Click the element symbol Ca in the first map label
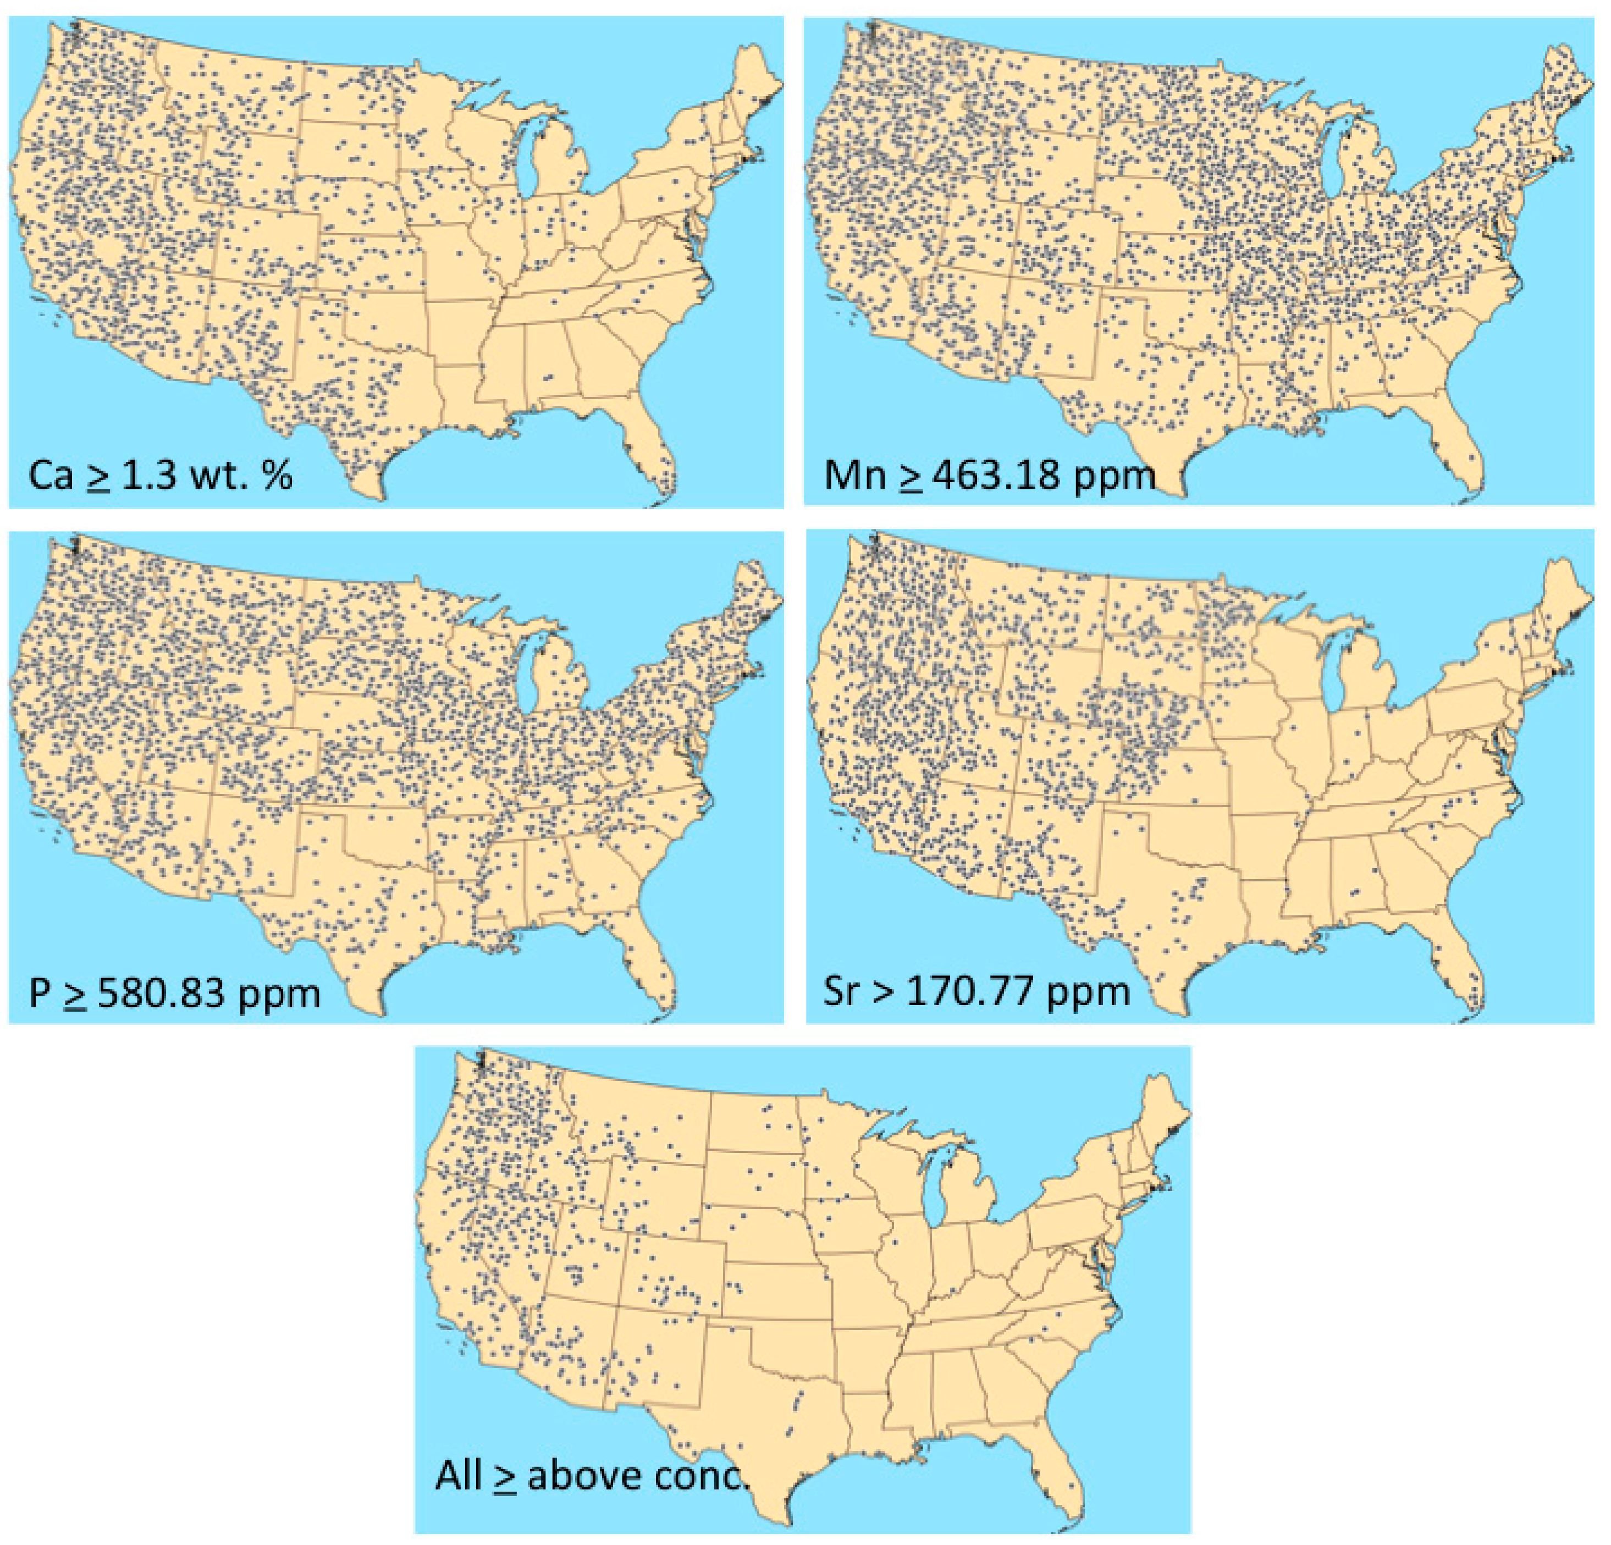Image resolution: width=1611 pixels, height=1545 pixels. coord(51,476)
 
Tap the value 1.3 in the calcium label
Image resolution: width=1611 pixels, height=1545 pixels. coord(146,476)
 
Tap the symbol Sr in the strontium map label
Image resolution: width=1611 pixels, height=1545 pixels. coord(840,992)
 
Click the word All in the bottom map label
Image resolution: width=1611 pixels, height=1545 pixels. coord(458,1475)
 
